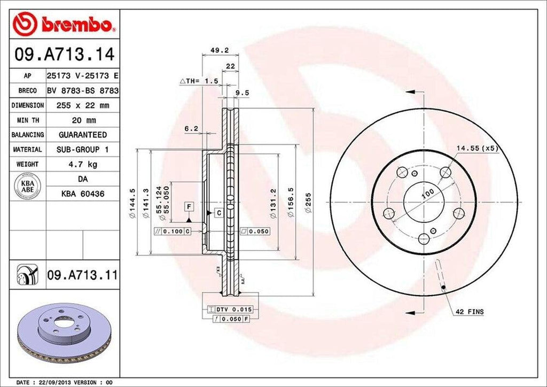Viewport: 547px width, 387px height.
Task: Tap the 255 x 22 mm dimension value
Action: pos(83,106)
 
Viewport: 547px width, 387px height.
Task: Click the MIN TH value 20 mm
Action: pos(83,120)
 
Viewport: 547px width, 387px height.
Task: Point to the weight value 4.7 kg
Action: pos(83,164)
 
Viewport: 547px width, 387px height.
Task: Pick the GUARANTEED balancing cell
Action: pos(83,135)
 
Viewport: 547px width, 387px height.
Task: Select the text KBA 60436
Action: pos(83,193)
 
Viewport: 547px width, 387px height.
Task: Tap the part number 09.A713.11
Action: pos(83,275)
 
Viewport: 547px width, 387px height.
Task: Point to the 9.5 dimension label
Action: pos(243,92)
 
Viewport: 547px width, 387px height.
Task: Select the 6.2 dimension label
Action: pos(191,128)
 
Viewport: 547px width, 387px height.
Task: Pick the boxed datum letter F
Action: pos(189,206)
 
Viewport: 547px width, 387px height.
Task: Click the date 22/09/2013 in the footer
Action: pos(54,383)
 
